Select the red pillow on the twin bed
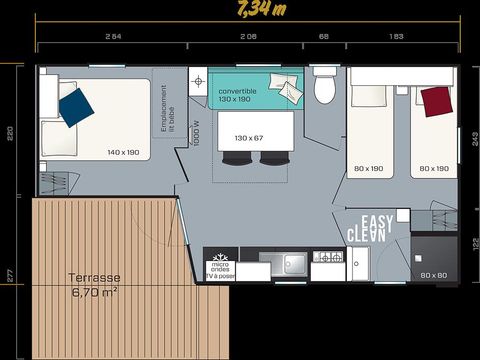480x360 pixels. [434, 100]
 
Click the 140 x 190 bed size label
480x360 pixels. [123, 152]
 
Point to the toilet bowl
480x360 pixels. [324, 89]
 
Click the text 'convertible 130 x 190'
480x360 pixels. [239, 95]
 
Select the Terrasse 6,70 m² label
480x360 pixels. [95, 285]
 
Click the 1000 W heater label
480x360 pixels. [196, 133]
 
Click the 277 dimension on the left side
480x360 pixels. [9, 274]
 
